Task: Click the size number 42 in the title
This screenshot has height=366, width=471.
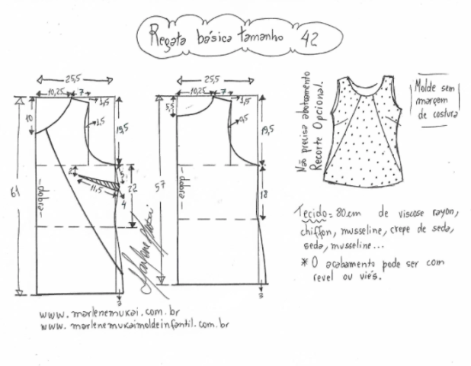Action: tap(310, 38)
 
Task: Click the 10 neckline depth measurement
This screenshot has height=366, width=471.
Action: tap(29, 120)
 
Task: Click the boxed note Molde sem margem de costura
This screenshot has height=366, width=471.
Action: tap(434, 98)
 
